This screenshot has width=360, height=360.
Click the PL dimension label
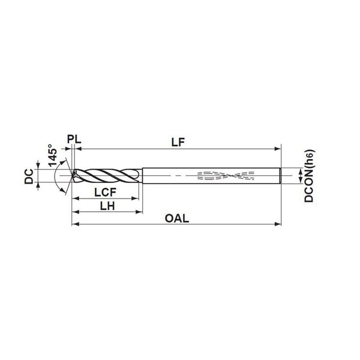[74, 139]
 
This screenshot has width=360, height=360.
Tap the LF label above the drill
[178, 142]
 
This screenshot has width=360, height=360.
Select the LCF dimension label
[106, 192]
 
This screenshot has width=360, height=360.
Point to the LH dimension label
[107, 206]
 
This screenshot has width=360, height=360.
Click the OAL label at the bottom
[177, 218]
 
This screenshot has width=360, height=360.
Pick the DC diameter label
[29, 176]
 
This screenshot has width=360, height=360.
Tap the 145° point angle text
[53, 155]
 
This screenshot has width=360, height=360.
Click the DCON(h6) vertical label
[309, 176]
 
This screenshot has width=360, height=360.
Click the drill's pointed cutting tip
[73, 176]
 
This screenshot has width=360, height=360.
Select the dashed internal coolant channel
[226, 176]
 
